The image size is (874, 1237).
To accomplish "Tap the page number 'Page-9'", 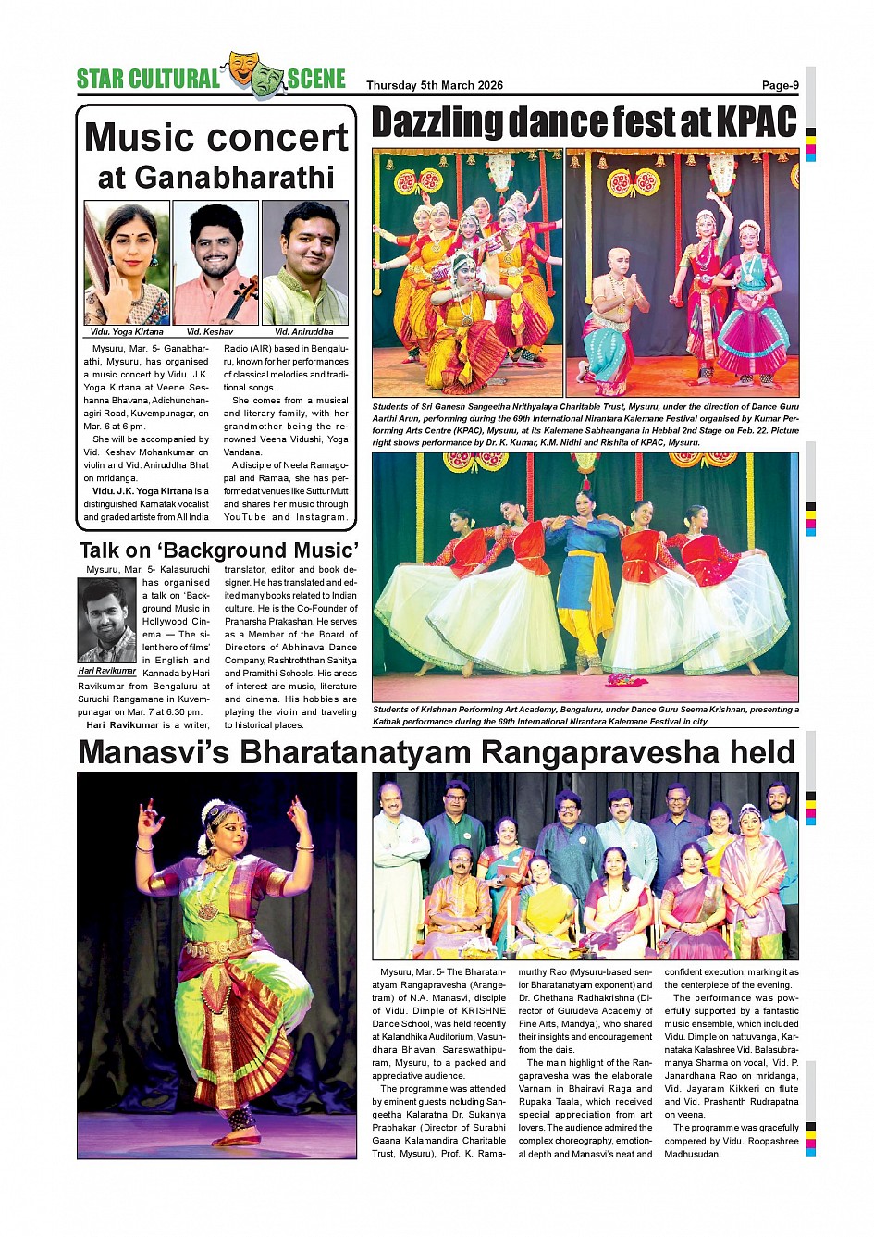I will pyautogui.click(x=780, y=85).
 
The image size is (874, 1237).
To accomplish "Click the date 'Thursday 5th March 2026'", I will pyautogui.click(x=434, y=85).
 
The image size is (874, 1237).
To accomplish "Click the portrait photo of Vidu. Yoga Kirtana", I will pyautogui.click(x=127, y=262).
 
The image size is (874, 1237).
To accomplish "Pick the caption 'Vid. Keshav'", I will pyautogui.click(x=209, y=331).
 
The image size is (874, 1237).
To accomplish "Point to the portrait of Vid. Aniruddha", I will pyautogui.click(x=304, y=262).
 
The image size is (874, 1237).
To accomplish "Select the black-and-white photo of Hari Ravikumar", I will pyautogui.click(x=106, y=621).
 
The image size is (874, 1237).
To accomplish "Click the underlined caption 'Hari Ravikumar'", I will pyautogui.click(x=106, y=671).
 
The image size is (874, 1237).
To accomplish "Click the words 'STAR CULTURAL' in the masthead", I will pyautogui.click(x=148, y=80).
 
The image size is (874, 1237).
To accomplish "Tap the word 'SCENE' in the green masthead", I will pyautogui.click(x=316, y=80).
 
